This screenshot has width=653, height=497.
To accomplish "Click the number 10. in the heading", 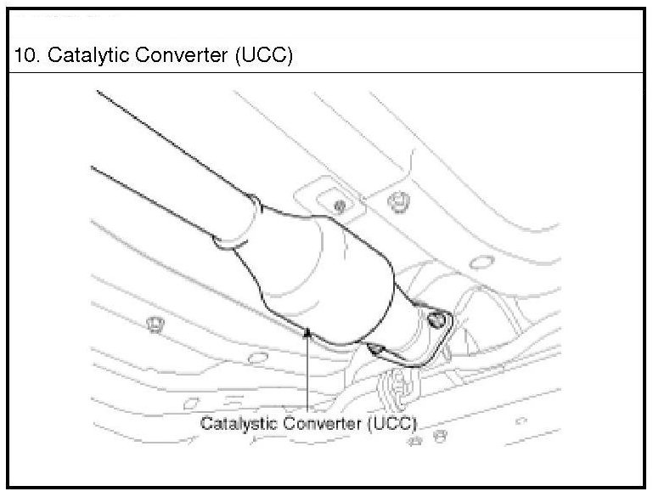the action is (x=25, y=56).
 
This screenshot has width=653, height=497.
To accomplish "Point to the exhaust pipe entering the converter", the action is (x=170, y=170).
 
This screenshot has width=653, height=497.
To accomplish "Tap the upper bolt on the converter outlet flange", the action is (x=438, y=320).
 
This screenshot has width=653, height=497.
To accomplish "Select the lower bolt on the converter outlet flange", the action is (x=375, y=347).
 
